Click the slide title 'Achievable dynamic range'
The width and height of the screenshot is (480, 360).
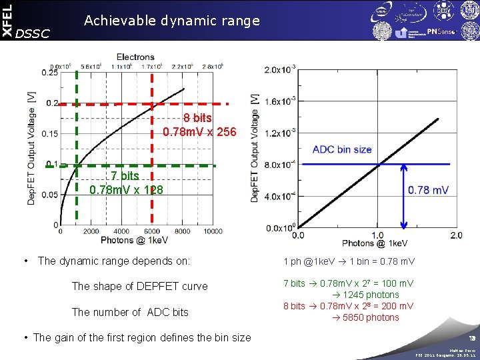point(171,21)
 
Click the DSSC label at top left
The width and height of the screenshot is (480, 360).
point(32,33)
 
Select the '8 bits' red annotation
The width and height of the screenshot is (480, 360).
point(198,118)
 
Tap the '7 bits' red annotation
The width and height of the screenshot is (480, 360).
point(125,176)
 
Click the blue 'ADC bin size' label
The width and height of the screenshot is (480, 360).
point(342,149)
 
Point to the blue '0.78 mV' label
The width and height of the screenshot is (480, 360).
point(428,190)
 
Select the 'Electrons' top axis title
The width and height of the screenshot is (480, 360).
point(135,57)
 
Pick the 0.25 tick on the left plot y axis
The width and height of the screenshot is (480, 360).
point(49,73)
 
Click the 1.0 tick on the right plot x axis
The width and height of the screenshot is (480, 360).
point(377,235)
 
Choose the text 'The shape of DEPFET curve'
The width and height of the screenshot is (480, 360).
point(139,286)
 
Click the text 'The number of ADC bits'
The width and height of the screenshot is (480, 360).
point(130,312)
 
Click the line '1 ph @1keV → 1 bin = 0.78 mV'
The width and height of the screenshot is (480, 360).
point(349,261)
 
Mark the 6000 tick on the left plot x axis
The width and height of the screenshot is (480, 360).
point(151,231)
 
